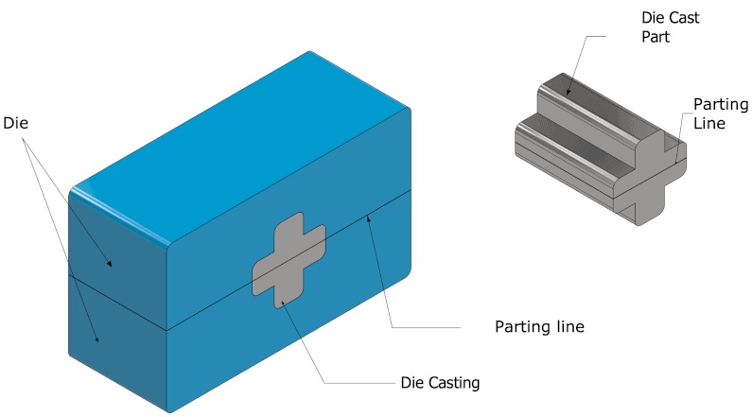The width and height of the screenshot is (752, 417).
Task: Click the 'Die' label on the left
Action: click(x=16, y=123)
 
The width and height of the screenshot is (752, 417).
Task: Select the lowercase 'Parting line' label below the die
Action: click(x=539, y=327)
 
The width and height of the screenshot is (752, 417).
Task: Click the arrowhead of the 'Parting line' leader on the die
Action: click(x=370, y=215)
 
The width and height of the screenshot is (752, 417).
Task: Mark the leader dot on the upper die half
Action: click(x=111, y=265)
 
